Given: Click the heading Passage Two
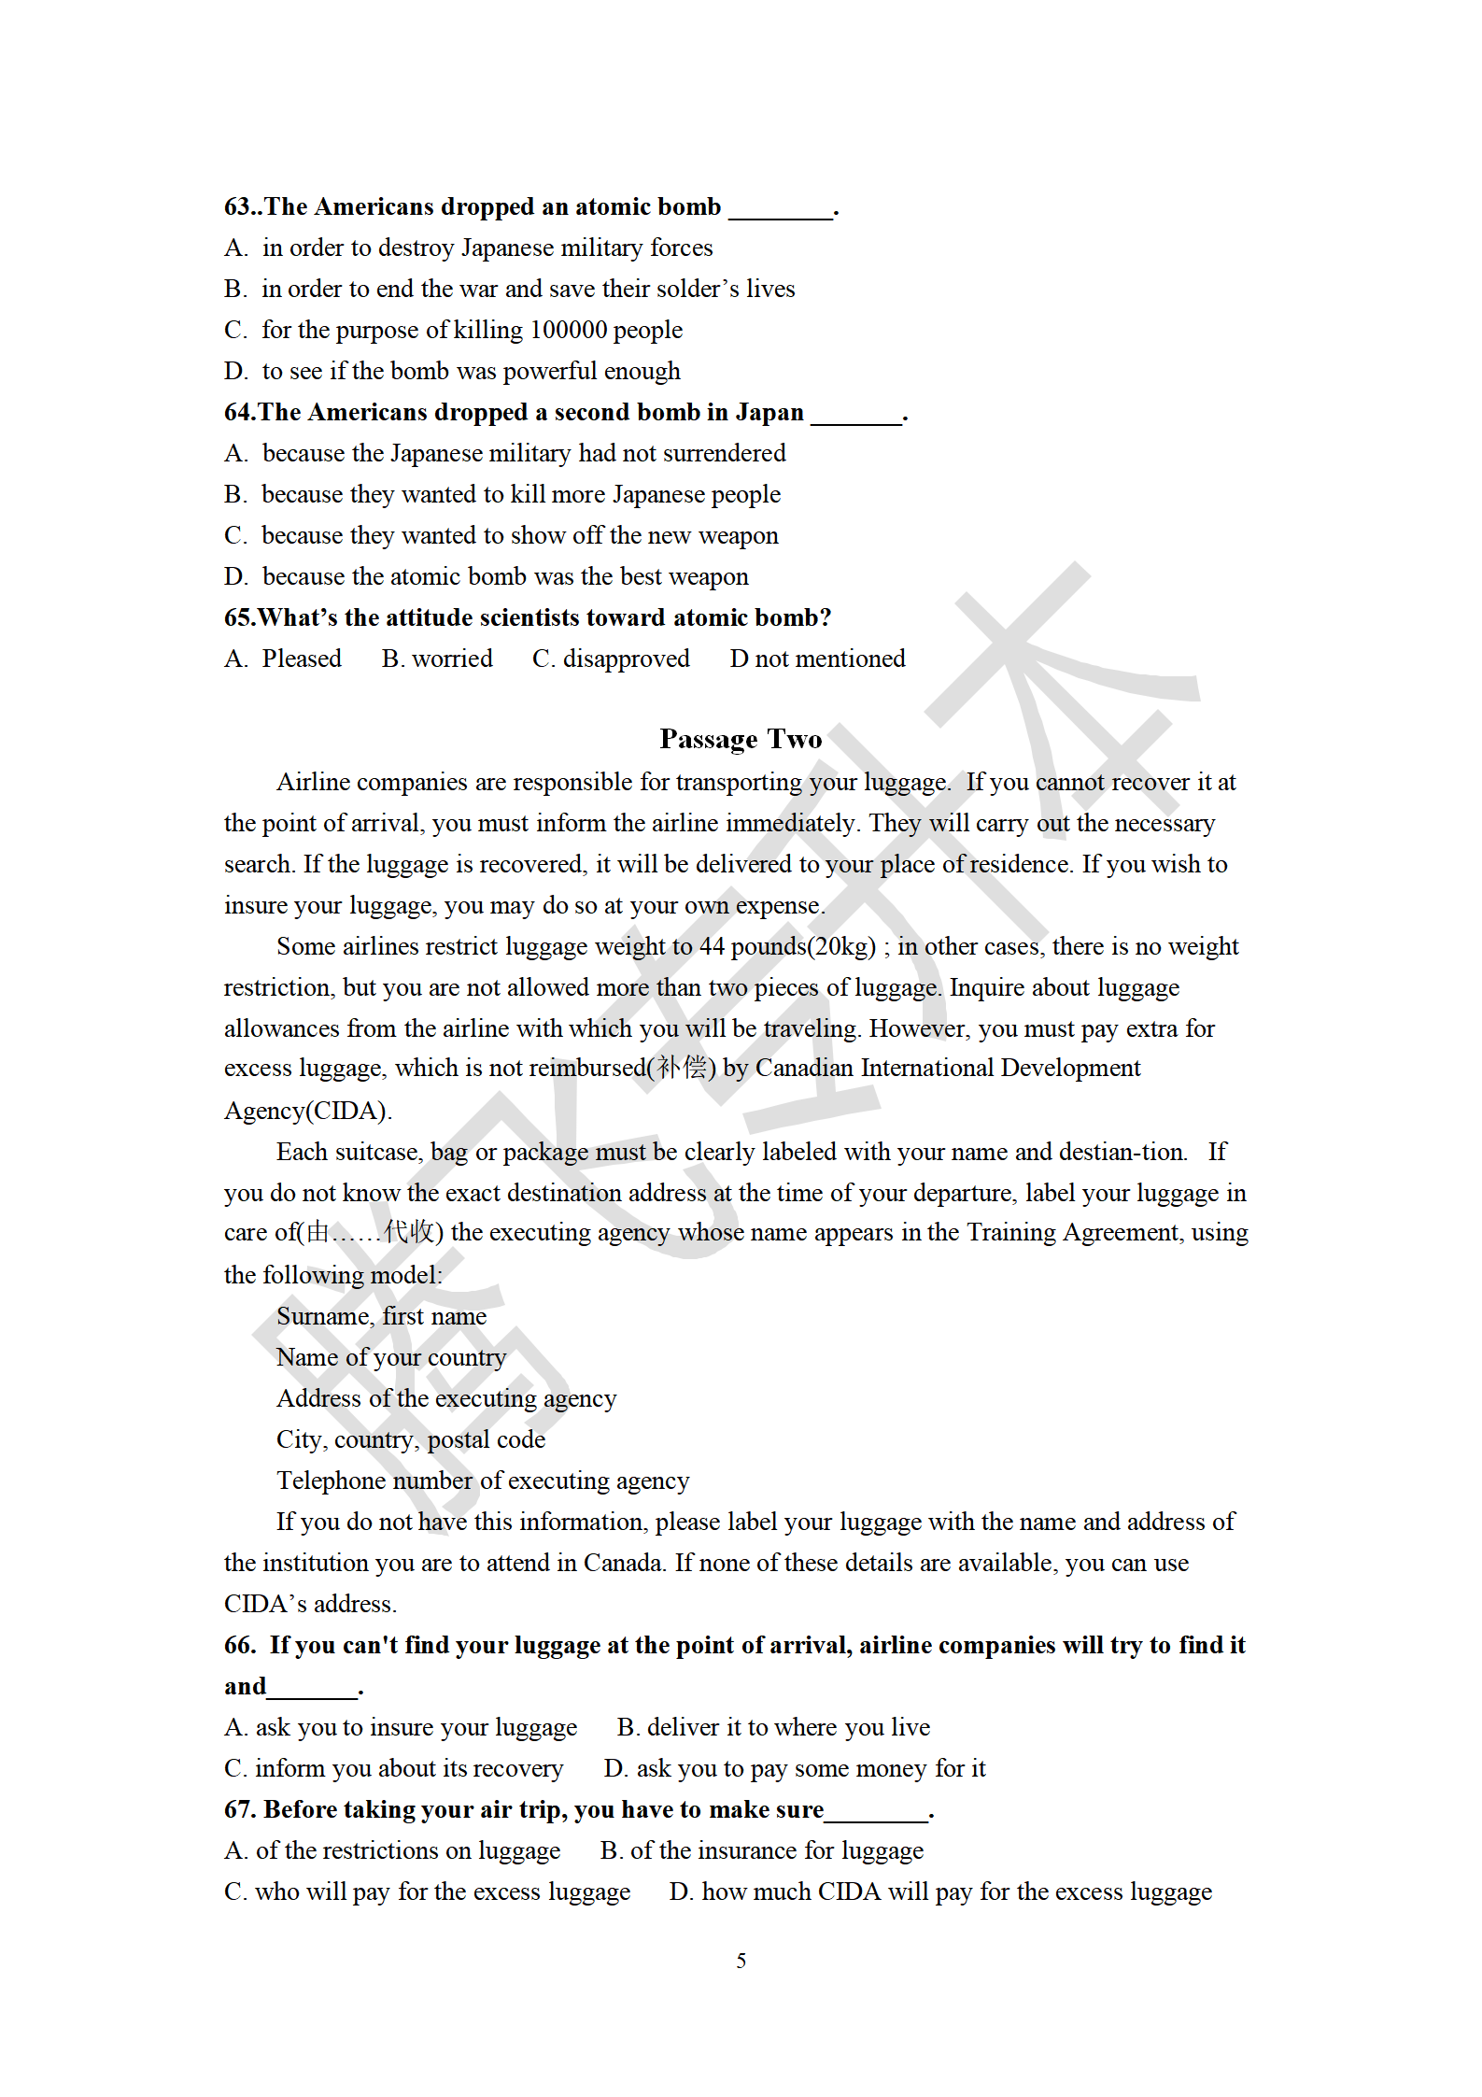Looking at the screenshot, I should click(741, 739).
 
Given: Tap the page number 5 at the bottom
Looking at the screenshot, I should click(741, 1961).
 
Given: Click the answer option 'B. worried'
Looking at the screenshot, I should click(437, 659).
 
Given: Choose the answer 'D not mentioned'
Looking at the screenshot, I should click(817, 659).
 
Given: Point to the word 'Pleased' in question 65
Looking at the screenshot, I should click(302, 659).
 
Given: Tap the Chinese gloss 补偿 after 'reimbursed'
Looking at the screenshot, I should click(682, 1068).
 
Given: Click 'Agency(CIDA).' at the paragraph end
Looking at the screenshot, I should click(308, 1111).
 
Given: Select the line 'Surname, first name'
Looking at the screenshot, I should click(381, 1316).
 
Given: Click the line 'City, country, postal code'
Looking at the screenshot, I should click(411, 1439).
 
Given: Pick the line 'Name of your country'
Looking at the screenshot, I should click(391, 1357).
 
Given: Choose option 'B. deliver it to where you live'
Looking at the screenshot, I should click(773, 1727).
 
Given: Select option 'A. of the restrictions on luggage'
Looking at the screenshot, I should click(392, 1850).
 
